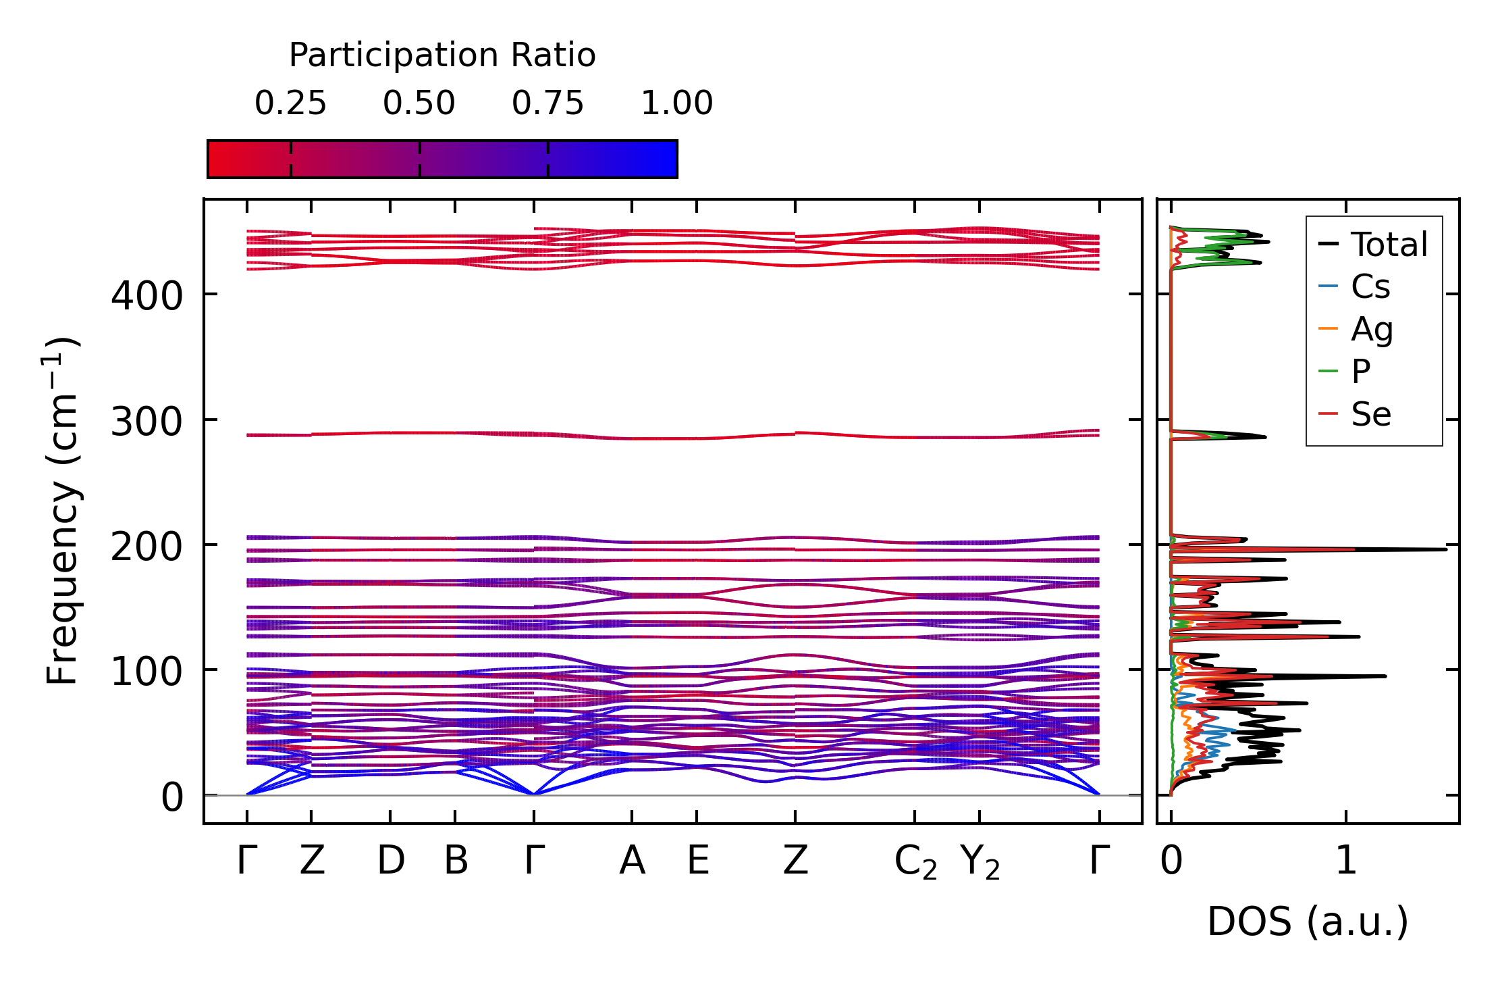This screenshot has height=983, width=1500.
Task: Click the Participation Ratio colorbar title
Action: click(x=442, y=55)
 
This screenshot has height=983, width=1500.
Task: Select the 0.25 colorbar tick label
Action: click(x=290, y=103)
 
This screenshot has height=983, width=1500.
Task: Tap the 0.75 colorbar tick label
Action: click(x=547, y=103)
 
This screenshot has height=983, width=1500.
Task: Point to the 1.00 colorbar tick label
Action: click(x=676, y=103)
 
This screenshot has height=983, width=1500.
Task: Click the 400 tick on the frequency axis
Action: click(x=146, y=296)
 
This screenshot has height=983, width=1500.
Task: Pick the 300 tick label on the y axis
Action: click(x=146, y=422)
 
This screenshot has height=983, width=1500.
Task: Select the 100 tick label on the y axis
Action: click(x=146, y=672)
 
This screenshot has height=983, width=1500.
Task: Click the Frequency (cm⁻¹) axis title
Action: click(x=62, y=511)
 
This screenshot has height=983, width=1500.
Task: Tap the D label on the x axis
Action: click(x=391, y=861)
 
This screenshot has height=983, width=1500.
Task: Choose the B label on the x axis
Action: click(x=456, y=861)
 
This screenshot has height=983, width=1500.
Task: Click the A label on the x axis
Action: click(x=632, y=861)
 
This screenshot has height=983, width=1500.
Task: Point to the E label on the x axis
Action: click(x=697, y=861)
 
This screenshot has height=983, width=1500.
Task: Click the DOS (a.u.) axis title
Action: click(x=1308, y=922)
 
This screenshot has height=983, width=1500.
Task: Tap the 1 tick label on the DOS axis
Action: click(x=1346, y=861)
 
